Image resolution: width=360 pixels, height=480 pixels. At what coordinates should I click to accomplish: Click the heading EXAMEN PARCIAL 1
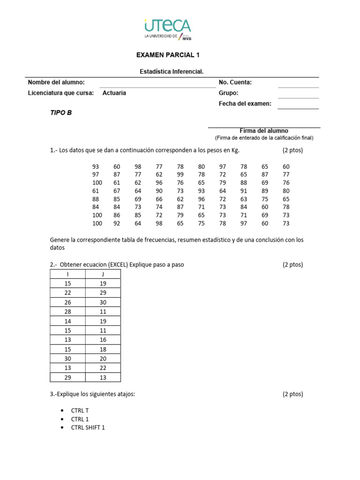[168, 55]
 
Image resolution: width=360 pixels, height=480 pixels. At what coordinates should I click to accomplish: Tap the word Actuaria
[114, 93]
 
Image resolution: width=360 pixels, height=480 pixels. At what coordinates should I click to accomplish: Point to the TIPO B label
[61, 112]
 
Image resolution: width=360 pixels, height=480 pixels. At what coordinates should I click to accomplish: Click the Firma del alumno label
[264, 131]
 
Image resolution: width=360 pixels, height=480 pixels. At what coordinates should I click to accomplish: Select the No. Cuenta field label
[235, 82]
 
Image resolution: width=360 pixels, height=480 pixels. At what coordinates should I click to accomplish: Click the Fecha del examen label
[245, 104]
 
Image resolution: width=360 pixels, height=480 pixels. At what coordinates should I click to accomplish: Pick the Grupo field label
[229, 93]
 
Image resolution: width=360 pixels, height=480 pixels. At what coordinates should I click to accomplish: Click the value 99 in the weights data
[180, 174]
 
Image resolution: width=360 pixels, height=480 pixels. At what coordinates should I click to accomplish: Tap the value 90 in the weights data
[159, 191]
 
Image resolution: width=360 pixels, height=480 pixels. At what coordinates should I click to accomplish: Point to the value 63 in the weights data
[244, 199]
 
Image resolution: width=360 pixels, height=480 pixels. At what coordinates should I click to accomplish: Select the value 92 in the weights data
[117, 223]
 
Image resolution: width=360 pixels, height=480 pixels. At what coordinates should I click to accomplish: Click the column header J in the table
[103, 274]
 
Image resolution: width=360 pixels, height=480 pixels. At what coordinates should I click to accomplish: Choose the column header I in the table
[67, 274]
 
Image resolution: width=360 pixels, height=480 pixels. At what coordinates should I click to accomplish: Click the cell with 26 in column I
[67, 302]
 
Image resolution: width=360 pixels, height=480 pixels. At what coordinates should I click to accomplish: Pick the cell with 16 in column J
[103, 340]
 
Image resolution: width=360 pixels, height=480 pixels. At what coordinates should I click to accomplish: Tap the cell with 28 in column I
[67, 312]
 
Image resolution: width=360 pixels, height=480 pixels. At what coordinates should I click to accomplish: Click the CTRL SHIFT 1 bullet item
[88, 427]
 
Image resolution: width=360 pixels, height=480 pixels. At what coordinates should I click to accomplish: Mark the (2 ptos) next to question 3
[292, 394]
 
